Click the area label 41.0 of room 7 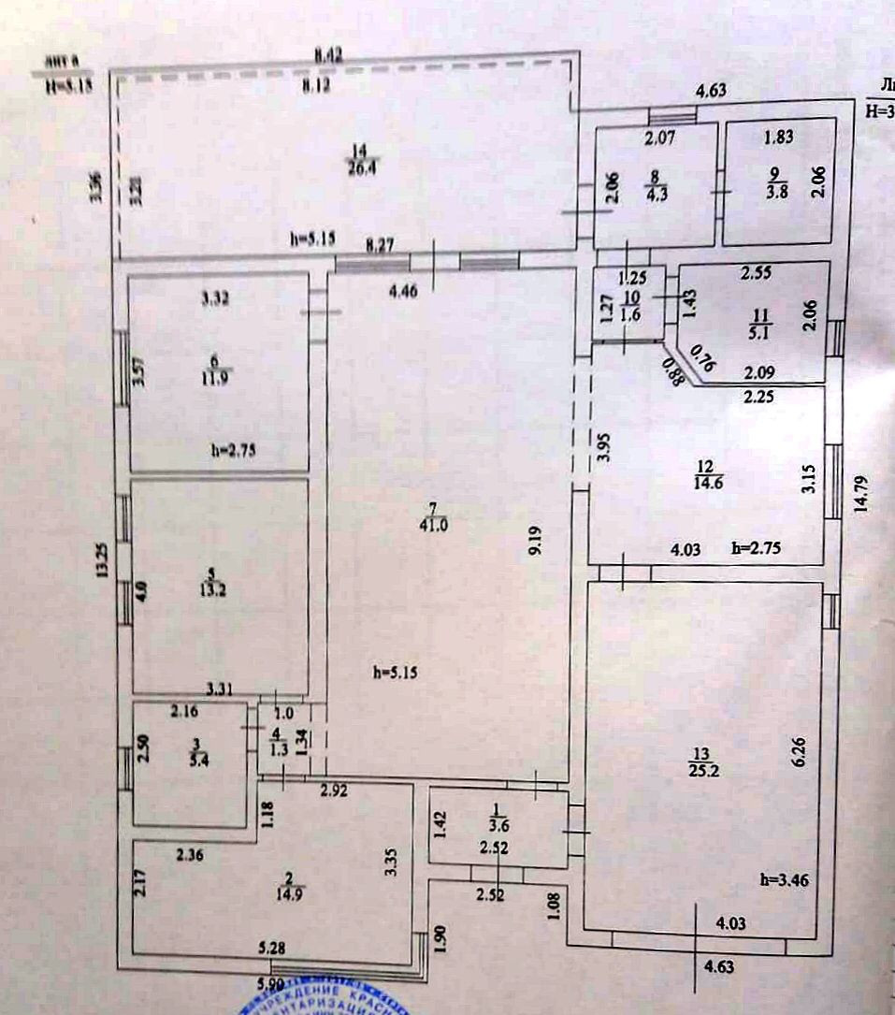[x=440, y=525]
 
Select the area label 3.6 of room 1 [x=497, y=825]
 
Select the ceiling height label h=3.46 [x=784, y=879]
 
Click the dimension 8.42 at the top [x=326, y=56]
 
